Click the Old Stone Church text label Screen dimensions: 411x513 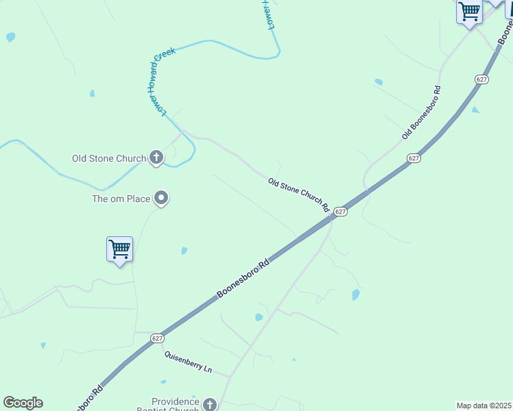[x=109, y=159]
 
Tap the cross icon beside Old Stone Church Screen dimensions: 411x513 [x=156, y=158]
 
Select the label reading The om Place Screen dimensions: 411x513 [x=121, y=199]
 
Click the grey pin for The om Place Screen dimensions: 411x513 [x=161, y=199]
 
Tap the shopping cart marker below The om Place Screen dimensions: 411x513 [x=119, y=249]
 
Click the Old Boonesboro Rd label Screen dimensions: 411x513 [x=420, y=114]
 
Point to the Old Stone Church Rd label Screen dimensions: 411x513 [x=299, y=195]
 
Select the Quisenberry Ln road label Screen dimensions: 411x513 [x=187, y=362]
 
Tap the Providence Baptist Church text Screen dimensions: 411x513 [x=175, y=406]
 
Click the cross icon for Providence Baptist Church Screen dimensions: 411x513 [x=209, y=405]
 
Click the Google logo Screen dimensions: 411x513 [x=23, y=403]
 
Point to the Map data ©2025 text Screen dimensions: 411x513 [x=484, y=406]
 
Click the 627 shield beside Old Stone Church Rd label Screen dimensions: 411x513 [x=341, y=212]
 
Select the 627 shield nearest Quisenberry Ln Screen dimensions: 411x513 [x=158, y=338]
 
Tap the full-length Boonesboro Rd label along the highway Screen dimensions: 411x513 [x=243, y=278]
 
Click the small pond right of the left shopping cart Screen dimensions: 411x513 [x=184, y=251]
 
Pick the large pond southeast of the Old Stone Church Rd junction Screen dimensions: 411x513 [x=355, y=295]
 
